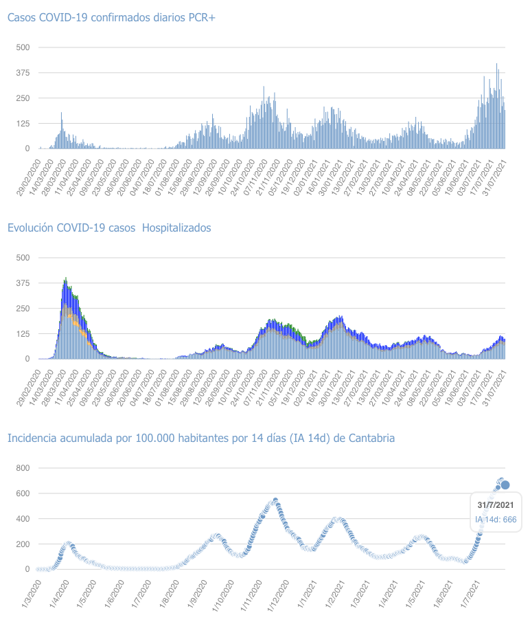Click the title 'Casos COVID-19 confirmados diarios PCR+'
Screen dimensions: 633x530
tap(111, 17)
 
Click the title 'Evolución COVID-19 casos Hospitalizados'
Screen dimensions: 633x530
tap(109, 227)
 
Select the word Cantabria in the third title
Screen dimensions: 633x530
tap(371, 438)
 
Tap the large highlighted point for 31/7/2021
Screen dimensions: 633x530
tap(505, 485)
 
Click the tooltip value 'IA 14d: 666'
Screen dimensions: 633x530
tap(496, 519)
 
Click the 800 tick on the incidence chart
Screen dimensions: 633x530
tap(23, 468)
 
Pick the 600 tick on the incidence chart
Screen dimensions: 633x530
tap(23, 493)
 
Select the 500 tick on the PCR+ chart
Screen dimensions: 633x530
tap(23, 47)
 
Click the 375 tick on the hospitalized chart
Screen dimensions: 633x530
tap(23, 282)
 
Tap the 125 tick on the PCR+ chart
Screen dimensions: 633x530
tap(23, 123)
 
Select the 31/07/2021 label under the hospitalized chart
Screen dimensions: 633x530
tap(494, 383)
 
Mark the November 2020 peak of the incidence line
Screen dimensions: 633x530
tap(275, 500)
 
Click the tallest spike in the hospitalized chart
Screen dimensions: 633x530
tap(65, 278)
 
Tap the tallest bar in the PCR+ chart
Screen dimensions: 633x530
tap(497, 64)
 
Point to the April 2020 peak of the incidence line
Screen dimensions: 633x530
tap(68, 544)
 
